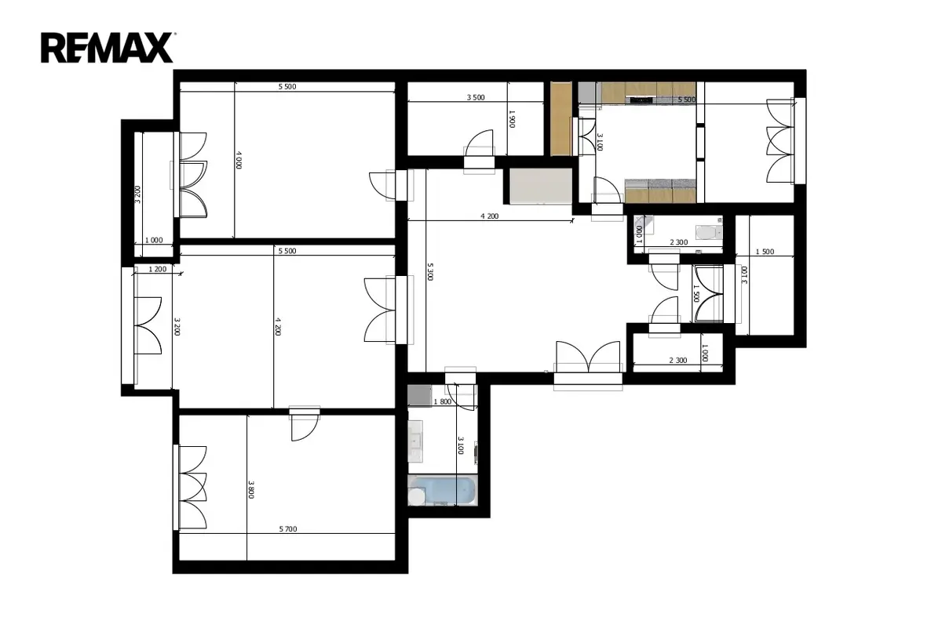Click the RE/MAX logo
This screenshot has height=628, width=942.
pyautogui.click(x=107, y=48)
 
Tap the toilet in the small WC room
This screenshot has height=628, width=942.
pyautogui.click(x=709, y=232)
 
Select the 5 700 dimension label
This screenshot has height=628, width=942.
pyautogui.click(x=288, y=529)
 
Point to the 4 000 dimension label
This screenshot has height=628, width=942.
pyautogui.click(x=239, y=160)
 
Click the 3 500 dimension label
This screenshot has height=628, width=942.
pyautogui.click(x=476, y=97)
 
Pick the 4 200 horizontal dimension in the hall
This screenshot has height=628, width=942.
pyautogui.click(x=490, y=216)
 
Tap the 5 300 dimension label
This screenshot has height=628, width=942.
pyautogui.click(x=430, y=272)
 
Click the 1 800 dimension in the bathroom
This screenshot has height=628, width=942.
pyautogui.click(x=443, y=401)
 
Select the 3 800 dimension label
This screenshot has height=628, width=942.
pyautogui.click(x=250, y=489)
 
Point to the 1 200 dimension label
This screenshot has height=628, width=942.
pyautogui.click(x=158, y=269)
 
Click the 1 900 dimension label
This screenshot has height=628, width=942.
pyautogui.click(x=512, y=119)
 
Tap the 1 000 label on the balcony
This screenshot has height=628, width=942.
pyautogui.click(x=154, y=240)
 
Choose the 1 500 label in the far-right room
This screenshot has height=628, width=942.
pyautogui.click(x=765, y=252)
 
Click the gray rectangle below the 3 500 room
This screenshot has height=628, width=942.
pyautogui.click(x=541, y=186)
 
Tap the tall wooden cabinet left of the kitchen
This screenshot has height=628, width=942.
pyautogui.click(x=561, y=118)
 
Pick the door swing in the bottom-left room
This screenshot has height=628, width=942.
pyautogui.click(x=304, y=427)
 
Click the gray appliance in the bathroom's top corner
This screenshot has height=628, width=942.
pyautogui.click(x=420, y=396)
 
